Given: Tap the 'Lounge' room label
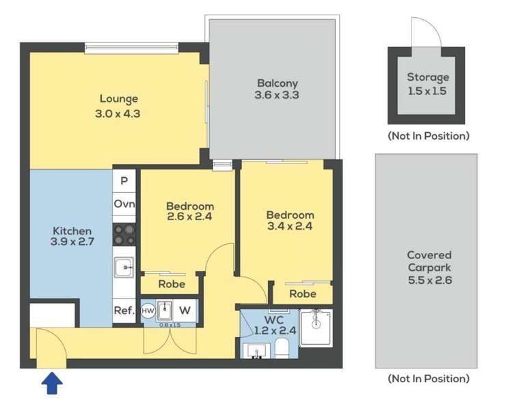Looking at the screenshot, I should [x=118, y=98].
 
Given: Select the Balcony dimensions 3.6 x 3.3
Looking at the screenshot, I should [x=277, y=96].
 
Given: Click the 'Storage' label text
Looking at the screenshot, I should [x=428, y=77].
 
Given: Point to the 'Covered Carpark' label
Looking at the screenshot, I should [x=428, y=261].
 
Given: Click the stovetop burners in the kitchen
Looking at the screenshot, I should [x=124, y=235].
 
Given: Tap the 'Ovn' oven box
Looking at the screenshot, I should [x=124, y=204].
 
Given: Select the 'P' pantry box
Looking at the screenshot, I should [x=124, y=181].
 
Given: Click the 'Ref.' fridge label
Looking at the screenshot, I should [x=123, y=310].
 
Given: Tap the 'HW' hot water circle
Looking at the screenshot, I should [x=148, y=310].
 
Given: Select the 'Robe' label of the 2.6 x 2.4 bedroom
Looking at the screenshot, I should [x=171, y=284].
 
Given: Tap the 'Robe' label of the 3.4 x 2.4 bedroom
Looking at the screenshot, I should [x=302, y=293].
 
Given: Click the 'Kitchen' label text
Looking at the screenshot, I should [x=72, y=231].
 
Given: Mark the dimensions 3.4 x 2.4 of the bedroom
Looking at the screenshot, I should [x=290, y=227].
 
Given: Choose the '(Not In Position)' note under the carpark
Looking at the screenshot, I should [x=428, y=378].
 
